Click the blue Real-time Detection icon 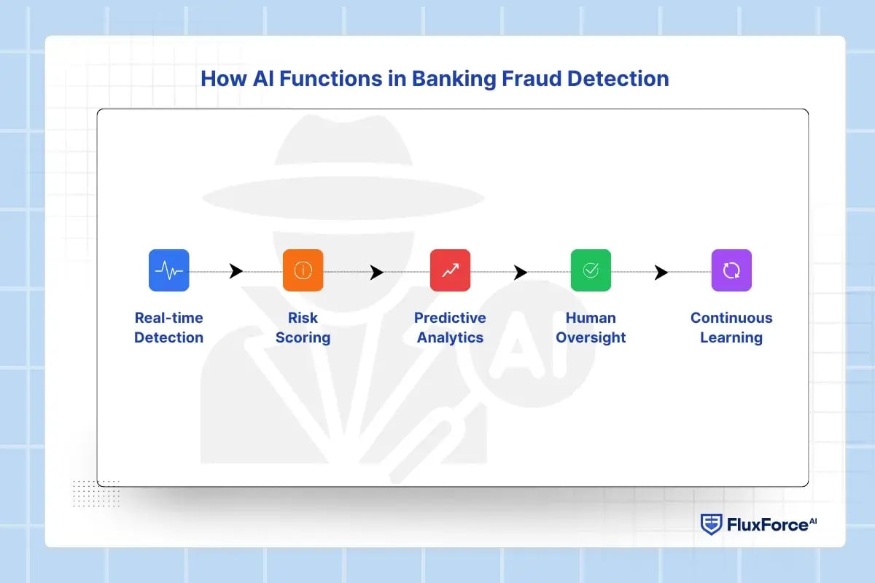coord(168,270)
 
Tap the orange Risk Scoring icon coord(303,270)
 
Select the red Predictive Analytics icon coord(450,270)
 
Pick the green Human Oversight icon coord(591,270)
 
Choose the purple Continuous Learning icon coord(731,270)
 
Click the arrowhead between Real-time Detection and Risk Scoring coord(236,272)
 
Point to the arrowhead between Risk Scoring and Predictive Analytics coord(376,273)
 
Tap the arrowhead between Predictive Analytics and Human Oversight coord(520,273)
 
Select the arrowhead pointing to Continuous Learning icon coord(661,273)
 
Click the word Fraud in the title coord(529,79)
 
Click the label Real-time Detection coord(168,327)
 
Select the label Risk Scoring coord(303,327)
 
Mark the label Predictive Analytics coord(450,327)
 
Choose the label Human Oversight coord(591,327)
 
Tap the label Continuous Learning coord(731,327)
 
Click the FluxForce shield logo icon coord(711,524)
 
